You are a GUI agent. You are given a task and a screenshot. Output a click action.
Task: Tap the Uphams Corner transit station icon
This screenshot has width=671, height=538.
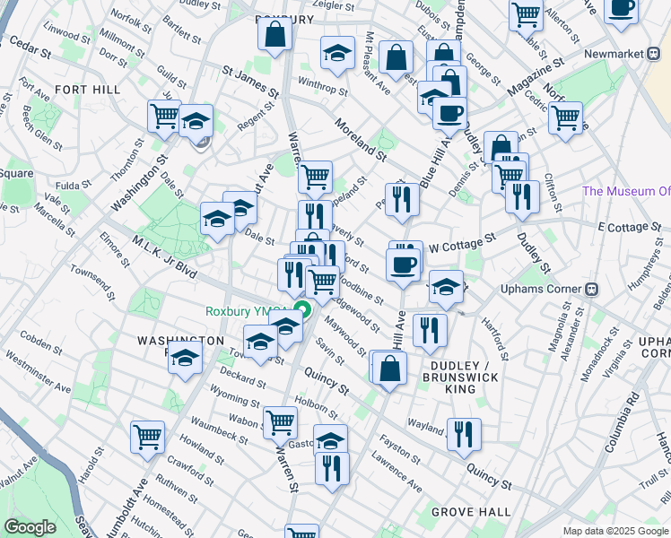(592, 291)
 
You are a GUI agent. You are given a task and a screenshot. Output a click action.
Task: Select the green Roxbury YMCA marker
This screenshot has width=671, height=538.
(303, 311)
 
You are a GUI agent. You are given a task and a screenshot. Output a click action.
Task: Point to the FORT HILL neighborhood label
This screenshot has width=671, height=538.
(83, 90)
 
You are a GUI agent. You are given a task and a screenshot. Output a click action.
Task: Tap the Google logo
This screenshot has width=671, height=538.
(30, 527)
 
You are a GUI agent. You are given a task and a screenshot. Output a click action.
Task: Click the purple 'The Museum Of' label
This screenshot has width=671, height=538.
(625, 191)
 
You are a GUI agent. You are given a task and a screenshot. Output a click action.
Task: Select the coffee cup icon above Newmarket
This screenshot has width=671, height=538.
(621, 8)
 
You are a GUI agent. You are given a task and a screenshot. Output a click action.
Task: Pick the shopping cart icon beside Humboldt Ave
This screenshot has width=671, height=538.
(147, 437)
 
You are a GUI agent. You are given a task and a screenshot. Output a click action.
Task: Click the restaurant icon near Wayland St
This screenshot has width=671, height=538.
(464, 434)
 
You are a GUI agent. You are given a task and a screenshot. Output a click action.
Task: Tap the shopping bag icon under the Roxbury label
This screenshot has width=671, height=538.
(274, 35)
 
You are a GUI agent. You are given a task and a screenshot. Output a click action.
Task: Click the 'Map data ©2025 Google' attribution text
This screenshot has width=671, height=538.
(614, 531)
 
